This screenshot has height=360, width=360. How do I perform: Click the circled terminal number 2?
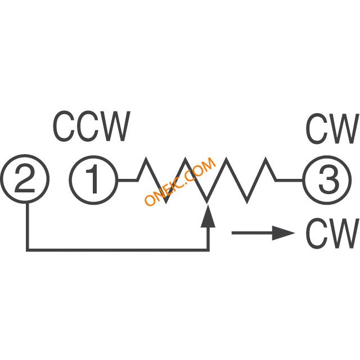click(25, 179)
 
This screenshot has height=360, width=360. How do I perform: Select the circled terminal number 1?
click(94, 180)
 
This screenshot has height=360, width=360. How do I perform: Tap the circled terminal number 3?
click(327, 180)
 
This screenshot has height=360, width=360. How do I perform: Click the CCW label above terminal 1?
click(92, 126)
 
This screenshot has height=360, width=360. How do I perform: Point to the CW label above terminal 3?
click(332, 129)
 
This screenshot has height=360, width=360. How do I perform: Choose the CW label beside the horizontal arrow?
click(332, 233)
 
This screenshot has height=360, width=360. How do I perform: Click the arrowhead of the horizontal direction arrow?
click(283, 233)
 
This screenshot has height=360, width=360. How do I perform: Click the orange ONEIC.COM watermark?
click(180, 181)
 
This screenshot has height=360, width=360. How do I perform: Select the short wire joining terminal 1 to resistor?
click(128, 180)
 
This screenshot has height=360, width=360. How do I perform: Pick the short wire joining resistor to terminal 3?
click(289, 180)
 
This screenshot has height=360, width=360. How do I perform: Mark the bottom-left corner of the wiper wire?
click(28, 250)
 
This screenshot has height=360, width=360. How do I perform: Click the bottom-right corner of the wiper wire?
click(208, 250)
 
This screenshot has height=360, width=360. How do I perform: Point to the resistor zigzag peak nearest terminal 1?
click(146, 159)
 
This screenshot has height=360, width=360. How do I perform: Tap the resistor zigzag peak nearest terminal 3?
click(266, 159)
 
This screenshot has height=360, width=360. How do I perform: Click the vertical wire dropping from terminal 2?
click(28, 226)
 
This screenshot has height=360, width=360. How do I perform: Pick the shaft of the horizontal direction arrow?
click(252, 233)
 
